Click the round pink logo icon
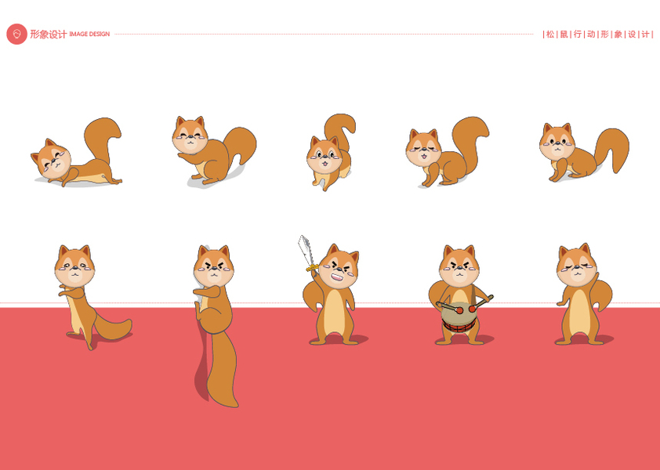(16, 34)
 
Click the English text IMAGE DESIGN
(89, 34)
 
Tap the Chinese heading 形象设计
(49, 34)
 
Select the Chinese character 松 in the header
(550, 34)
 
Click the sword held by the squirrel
(306, 252)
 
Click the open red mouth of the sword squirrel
(337, 277)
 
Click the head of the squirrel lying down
(52, 159)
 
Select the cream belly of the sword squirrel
(335, 312)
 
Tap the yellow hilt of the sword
(312, 267)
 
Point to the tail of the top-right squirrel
(612, 149)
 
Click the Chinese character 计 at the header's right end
(645, 34)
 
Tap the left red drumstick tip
(459, 310)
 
